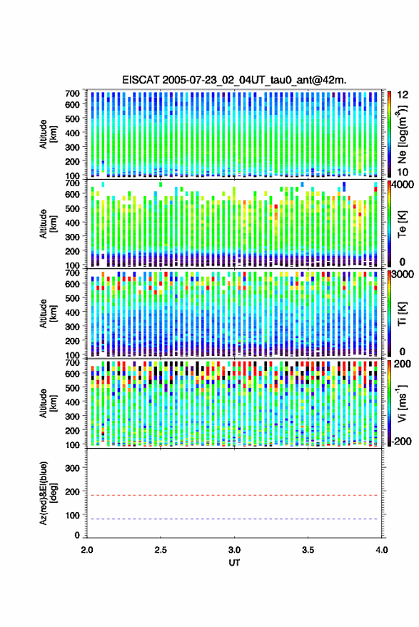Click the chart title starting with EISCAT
point(234,80)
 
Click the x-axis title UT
point(234,563)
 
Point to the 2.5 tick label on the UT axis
point(161,550)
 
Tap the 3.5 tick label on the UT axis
point(308,550)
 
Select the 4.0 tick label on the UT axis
point(381,550)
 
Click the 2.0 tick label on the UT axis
point(87,550)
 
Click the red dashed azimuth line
point(234,496)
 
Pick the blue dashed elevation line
point(234,519)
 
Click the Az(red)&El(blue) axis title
point(48,493)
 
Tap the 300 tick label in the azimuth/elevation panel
point(72,468)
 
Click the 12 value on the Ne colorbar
point(403,95)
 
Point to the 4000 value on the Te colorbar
point(404,185)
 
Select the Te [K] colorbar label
point(402,224)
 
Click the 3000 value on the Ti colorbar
point(404,275)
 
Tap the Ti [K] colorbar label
point(402,314)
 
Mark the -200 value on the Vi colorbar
point(402,442)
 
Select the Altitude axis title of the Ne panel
point(48,134)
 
